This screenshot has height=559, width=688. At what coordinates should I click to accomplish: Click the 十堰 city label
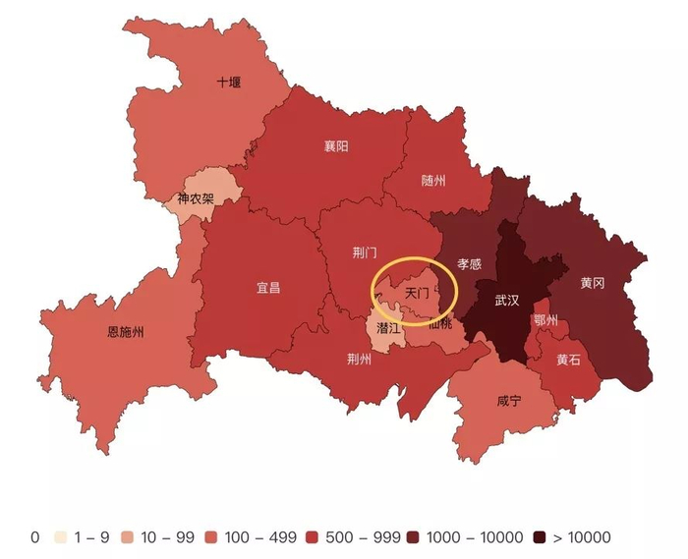coord(228,83)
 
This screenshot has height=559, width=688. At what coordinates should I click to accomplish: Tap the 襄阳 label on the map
coord(336,146)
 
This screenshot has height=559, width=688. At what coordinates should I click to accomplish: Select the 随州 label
coord(433,181)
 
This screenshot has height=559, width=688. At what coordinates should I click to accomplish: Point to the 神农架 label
coord(195,199)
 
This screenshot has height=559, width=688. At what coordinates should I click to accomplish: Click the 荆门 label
coord(365,252)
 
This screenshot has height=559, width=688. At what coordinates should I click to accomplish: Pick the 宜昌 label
coord(268,288)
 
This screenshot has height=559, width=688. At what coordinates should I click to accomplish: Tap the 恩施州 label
coord(125,332)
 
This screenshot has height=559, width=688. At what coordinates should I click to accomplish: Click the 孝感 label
coord(469,264)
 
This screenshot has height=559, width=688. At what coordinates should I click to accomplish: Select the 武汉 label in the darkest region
coord(506,301)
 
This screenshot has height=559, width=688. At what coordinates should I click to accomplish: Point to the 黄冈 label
coord(592,283)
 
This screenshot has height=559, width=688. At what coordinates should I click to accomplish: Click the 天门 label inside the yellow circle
coord(417,293)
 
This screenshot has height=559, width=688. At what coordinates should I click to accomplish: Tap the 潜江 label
coord(388,327)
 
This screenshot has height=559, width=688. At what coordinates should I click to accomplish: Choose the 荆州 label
coord(360,359)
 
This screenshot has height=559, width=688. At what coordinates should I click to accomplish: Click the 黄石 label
coord(568,360)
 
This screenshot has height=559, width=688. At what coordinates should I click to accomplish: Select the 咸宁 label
coord(509,401)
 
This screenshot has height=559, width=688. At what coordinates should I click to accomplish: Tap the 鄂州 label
coord(545,320)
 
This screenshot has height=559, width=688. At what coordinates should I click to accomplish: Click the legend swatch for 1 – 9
coord(61,537)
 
